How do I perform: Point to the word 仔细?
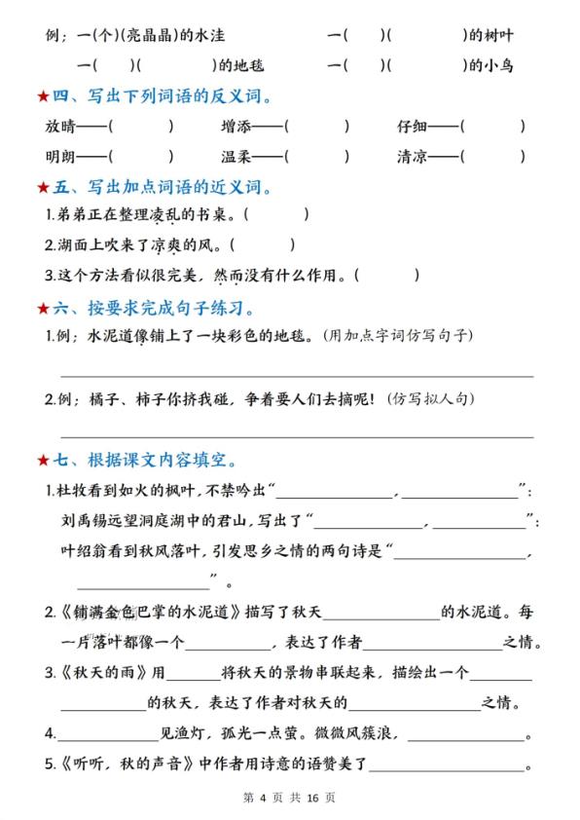coord(412,126)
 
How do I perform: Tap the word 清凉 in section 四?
coord(412,155)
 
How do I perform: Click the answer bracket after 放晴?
coord(141,126)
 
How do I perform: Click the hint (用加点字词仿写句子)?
coord(396,336)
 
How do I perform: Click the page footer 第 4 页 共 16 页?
coord(289,798)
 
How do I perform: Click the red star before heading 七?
coord(42,459)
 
